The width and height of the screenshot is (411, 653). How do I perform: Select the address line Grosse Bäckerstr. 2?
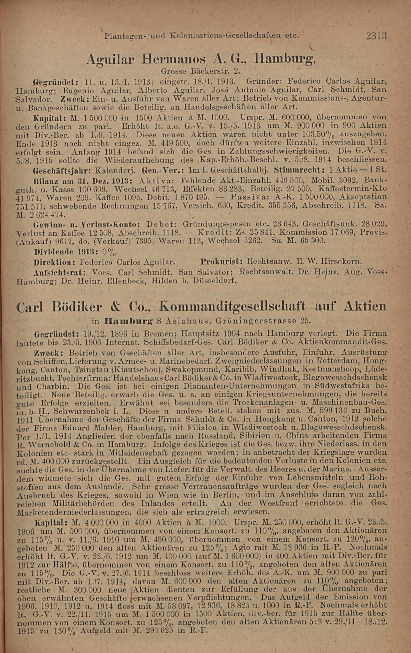[201, 72]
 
